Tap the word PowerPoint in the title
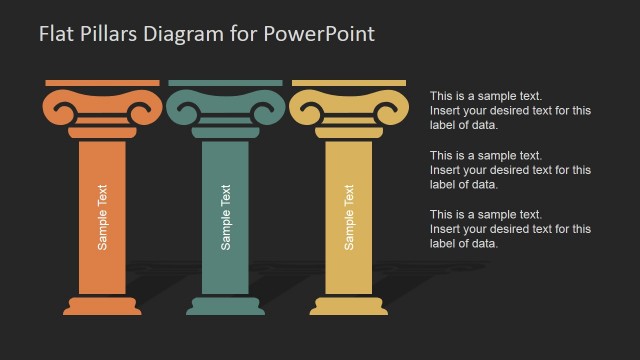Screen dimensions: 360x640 (x=321, y=33)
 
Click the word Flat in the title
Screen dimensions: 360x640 (x=56, y=33)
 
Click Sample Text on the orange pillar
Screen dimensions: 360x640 (x=102, y=216)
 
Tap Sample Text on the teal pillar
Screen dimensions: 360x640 (x=226, y=216)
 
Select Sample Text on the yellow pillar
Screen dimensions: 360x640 (x=349, y=216)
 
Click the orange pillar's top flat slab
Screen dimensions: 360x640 (x=102, y=83)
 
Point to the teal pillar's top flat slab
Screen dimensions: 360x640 (x=226, y=83)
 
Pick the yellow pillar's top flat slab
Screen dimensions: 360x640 (x=349, y=83)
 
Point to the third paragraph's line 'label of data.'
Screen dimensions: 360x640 (x=464, y=243)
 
